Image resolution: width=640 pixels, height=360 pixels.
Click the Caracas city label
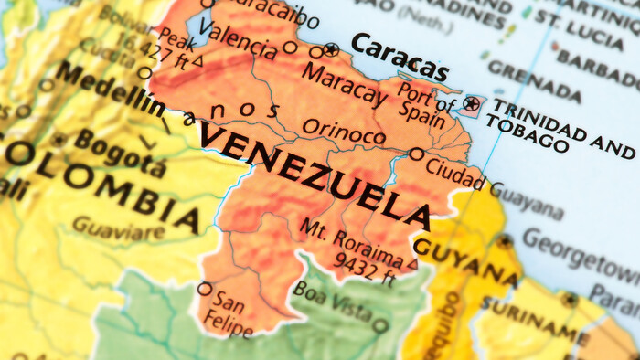tap(400, 58)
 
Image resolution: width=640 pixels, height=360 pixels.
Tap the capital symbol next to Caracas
tap(331, 48)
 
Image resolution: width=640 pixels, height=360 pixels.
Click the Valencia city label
tap(237, 35)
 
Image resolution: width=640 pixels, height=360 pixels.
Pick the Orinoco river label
tap(344, 132)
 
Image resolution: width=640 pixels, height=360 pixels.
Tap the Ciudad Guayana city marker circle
tap(417, 154)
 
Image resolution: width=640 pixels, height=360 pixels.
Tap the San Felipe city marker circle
tap(204, 289)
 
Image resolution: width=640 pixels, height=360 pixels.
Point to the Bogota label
tap(122, 152)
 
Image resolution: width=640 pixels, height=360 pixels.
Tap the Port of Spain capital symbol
tap(471, 104)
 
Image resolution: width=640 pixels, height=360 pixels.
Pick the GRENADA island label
tap(534, 80)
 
